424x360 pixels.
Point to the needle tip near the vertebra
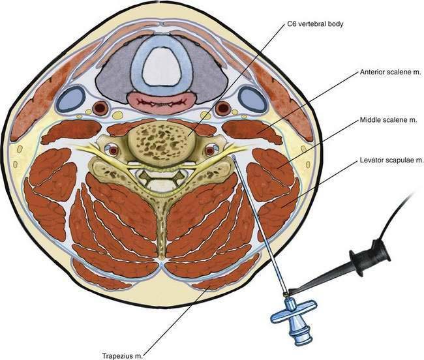click(x=233, y=157)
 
